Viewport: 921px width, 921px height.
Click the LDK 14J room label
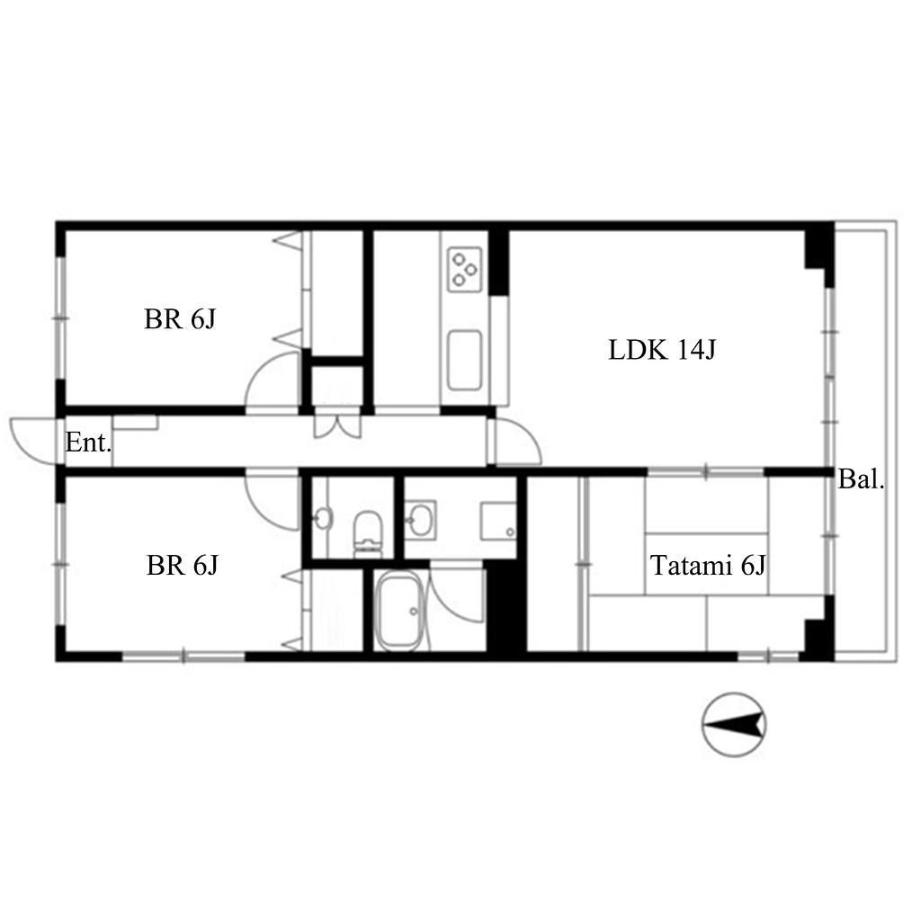662,350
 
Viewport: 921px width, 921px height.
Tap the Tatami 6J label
708,566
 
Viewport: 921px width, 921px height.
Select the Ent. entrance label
88,443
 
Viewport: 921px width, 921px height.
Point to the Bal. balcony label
861,479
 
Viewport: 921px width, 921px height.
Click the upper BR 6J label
180,319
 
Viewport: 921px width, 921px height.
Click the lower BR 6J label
182,566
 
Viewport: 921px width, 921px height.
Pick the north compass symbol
734,725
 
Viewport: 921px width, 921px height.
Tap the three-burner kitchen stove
465,270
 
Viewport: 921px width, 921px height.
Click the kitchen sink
465,361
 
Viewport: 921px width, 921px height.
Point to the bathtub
398,612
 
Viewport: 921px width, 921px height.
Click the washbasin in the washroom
420,520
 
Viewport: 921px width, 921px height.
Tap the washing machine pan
498,521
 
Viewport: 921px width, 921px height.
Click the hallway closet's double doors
338,425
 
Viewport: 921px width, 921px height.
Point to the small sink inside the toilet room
323,519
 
